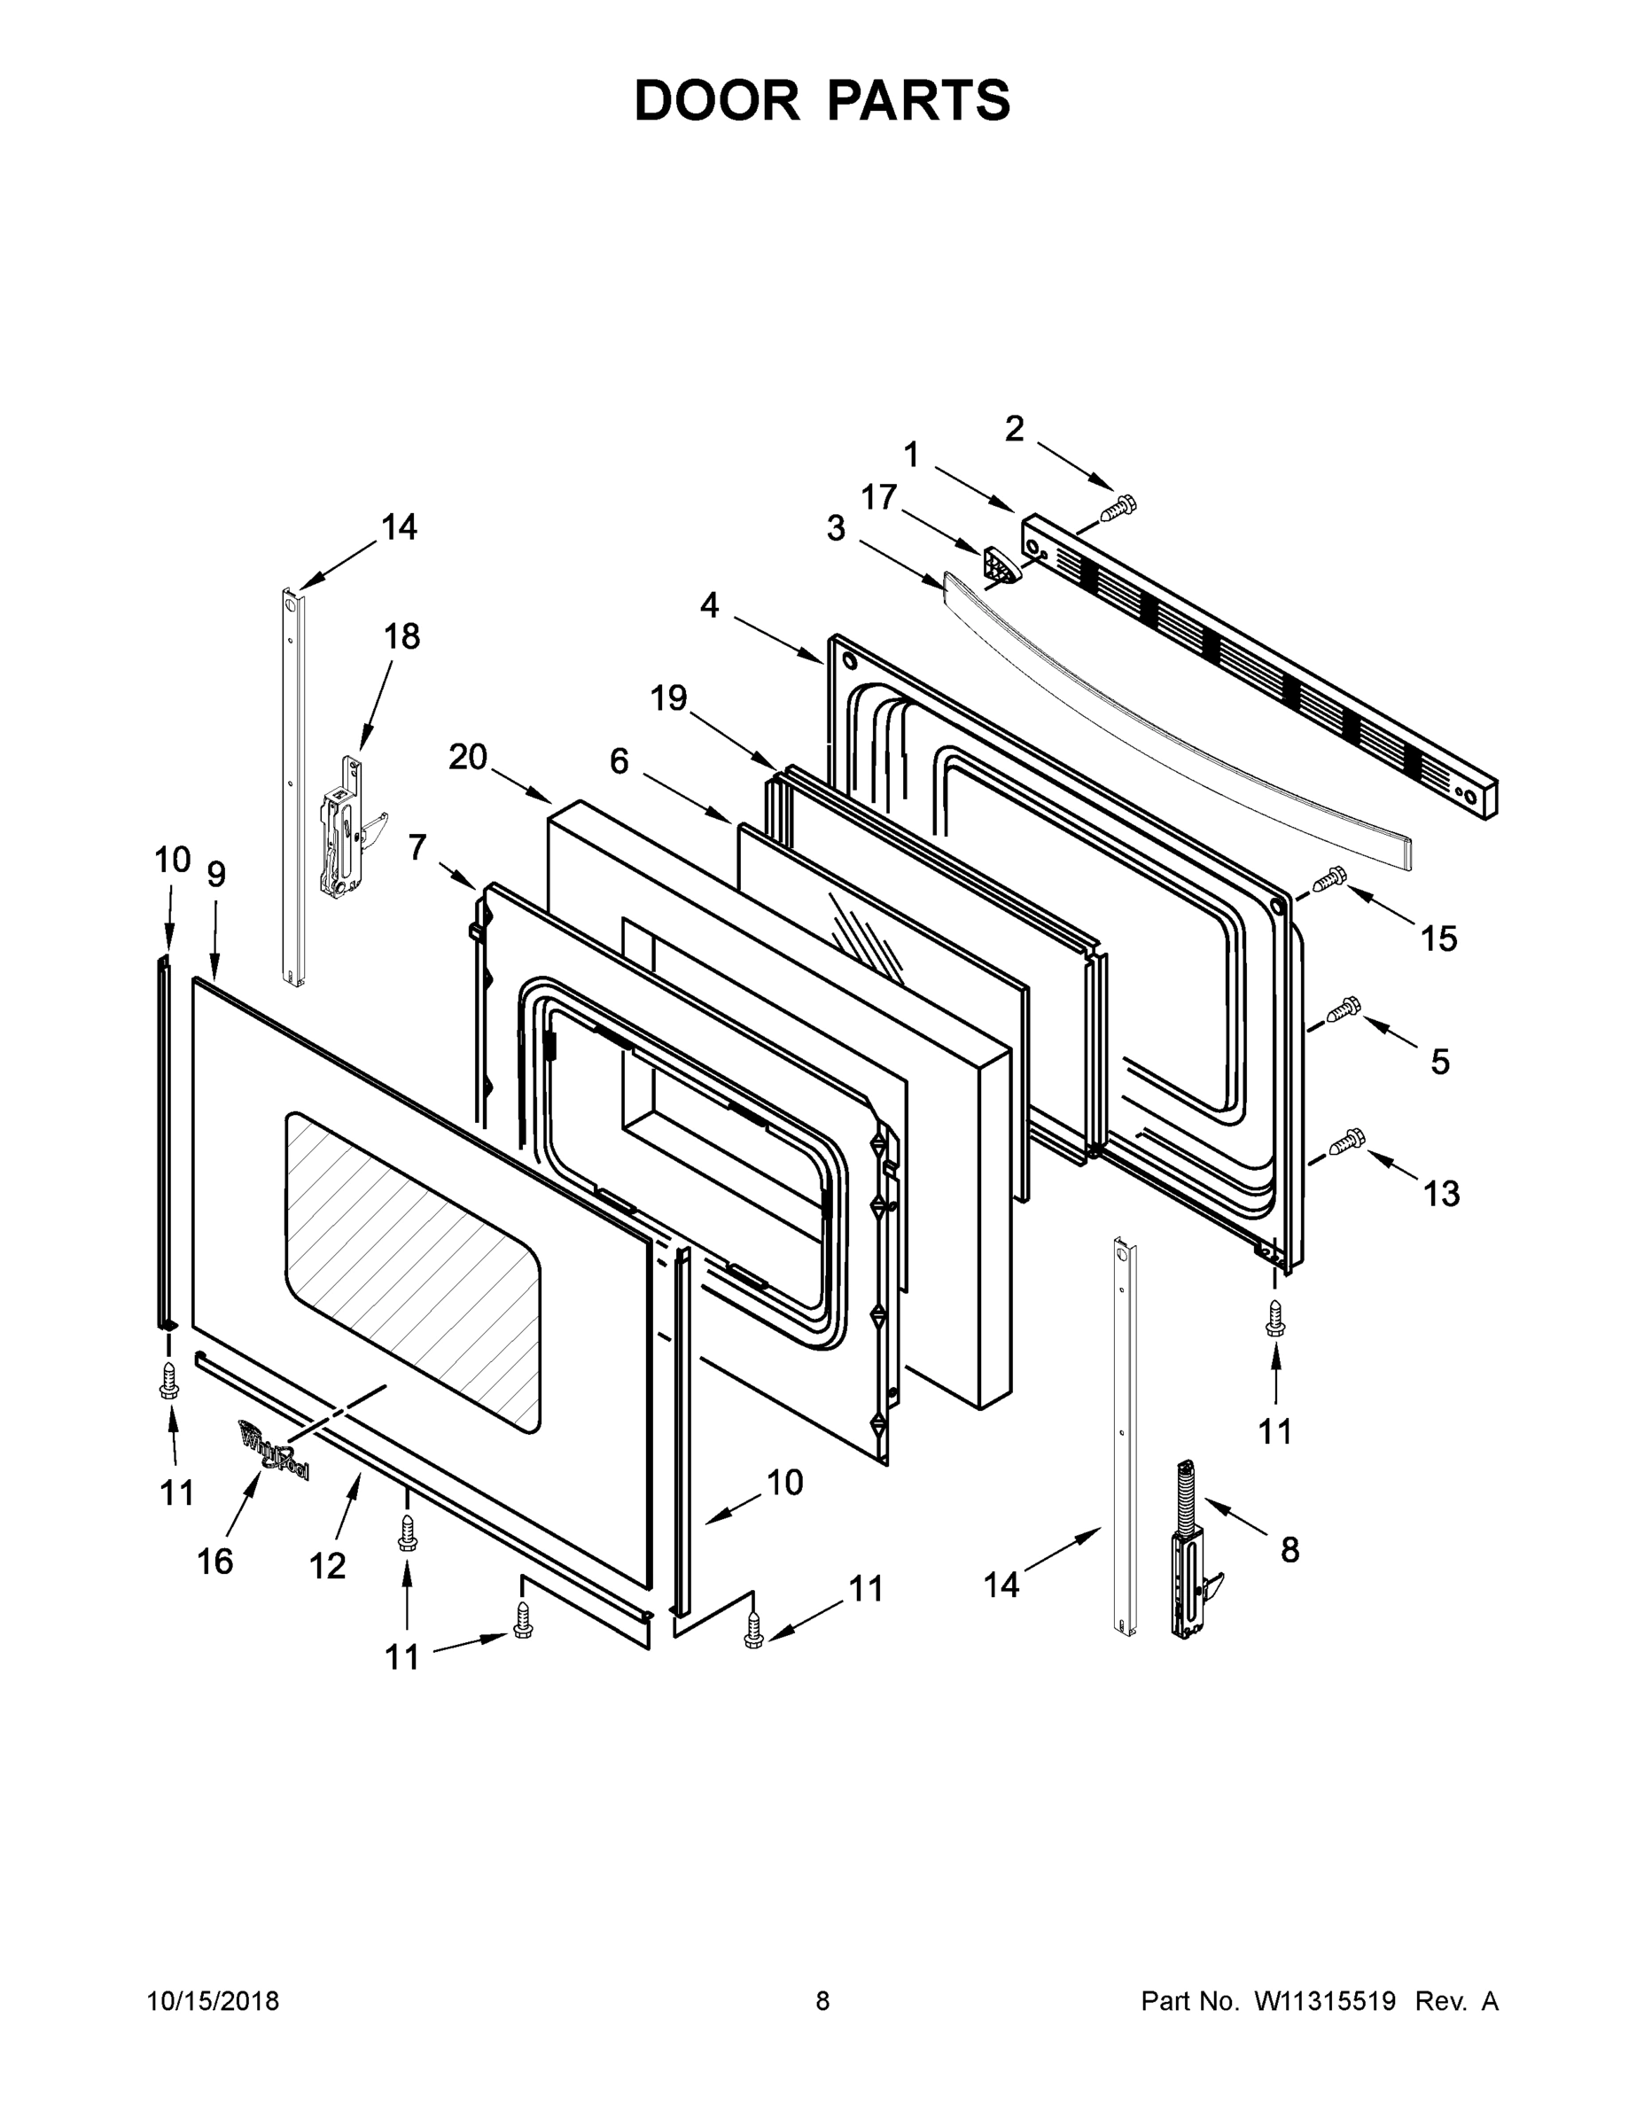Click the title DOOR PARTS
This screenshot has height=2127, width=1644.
[x=822, y=101]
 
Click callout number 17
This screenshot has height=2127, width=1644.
[x=878, y=498]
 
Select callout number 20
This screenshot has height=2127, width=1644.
[x=467, y=757]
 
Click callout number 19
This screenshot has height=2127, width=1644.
[x=669, y=698]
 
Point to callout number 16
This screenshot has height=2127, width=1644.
[x=214, y=1562]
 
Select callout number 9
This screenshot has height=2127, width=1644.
[x=216, y=875]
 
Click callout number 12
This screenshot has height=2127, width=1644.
[x=327, y=1566]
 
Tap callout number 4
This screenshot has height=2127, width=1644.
[x=709, y=606]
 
